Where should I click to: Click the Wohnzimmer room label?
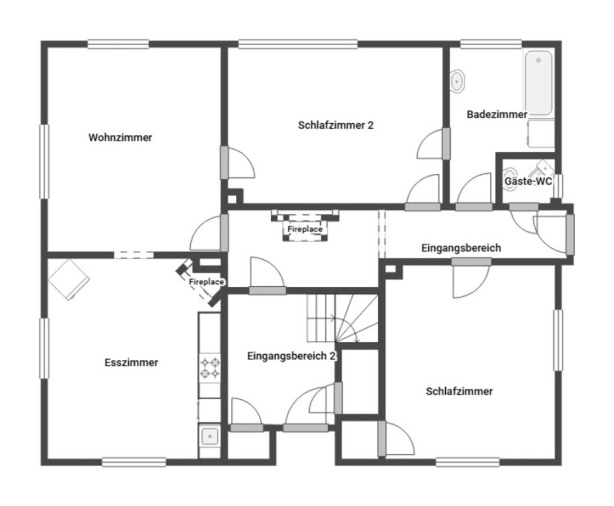click(x=120, y=137)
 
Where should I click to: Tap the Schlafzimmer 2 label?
click(x=335, y=125)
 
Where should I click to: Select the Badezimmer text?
click(x=497, y=115)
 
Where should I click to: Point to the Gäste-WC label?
click(x=528, y=181)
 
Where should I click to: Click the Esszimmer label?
click(x=131, y=363)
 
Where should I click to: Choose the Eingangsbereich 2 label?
click(x=292, y=356)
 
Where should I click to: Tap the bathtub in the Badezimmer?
click(x=539, y=83)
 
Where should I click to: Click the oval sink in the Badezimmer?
click(x=456, y=82)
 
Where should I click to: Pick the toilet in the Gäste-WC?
click(x=509, y=179)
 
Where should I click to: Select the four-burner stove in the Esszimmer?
click(x=210, y=368)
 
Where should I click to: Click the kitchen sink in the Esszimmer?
click(x=210, y=436)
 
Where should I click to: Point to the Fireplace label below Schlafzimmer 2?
click(x=305, y=229)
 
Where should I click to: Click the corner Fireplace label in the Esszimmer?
click(x=207, y=282)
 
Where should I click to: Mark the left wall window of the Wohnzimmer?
click(x=44, y=161)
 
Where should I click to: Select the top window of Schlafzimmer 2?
click(x=298, y=44)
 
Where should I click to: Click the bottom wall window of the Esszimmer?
click(x=134, y=462)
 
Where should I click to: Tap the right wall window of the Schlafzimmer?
click(x=558, y=340)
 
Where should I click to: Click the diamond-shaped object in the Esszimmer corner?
click(x=69, y=279)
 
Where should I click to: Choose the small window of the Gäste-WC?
click(x=558, y=186)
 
